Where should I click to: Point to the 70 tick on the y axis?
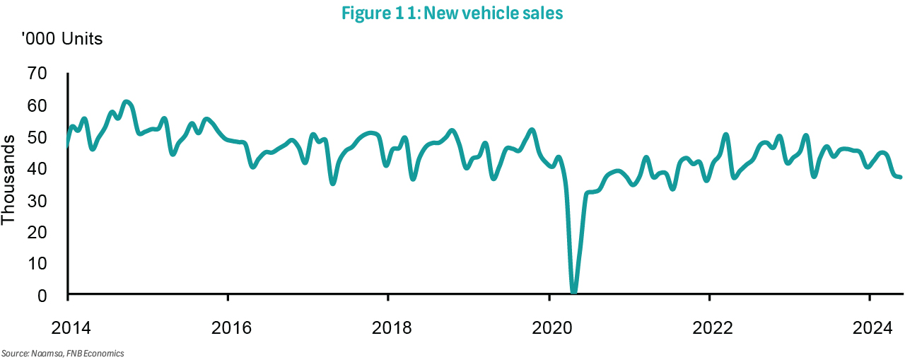(37, 74)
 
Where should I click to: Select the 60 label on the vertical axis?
(37, 105)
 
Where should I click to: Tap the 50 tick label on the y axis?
(37, 137)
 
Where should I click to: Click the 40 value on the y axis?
(37, 169)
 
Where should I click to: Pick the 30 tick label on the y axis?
(37, 201)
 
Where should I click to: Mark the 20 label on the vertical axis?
(37, 232)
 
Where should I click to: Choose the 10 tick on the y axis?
(37, 264)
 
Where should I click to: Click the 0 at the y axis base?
(42, 296)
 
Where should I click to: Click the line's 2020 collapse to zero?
(573, 291)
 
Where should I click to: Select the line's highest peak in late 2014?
(126, 102)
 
